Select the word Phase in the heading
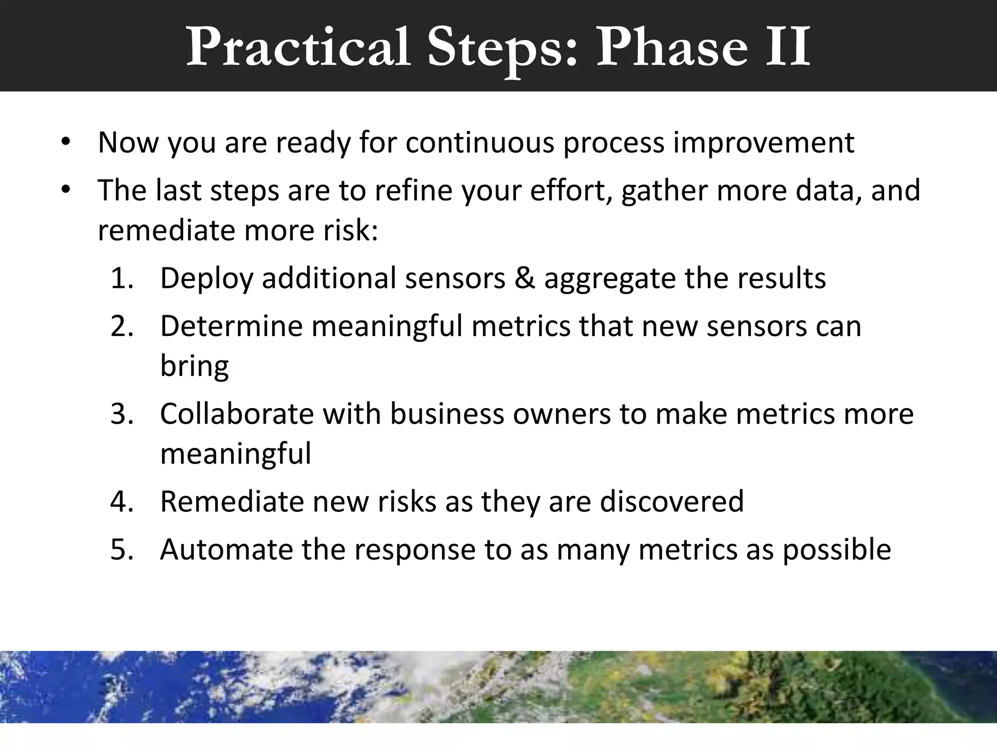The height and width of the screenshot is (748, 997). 672,48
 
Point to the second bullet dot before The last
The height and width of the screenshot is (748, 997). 66,190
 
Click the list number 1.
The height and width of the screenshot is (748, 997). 122,278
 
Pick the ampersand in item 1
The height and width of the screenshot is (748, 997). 524,278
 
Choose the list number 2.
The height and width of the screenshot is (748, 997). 122,326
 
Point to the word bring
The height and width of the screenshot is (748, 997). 194,366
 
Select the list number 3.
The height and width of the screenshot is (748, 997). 122,413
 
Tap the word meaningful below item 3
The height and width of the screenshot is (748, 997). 236,454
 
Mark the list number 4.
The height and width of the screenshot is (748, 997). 122,501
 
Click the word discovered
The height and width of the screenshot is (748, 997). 671,501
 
